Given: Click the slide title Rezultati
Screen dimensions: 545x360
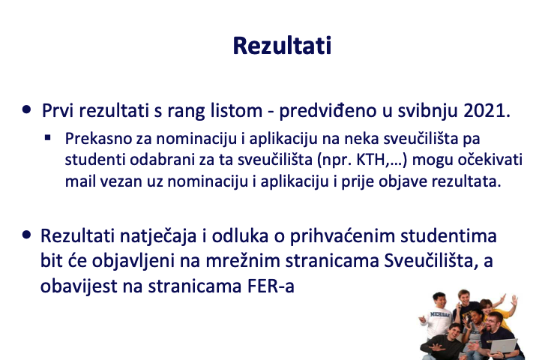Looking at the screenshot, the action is (282, 46).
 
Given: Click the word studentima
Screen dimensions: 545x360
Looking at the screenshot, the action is (448, 235).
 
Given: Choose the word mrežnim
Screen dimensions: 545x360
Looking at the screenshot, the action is (243, 261).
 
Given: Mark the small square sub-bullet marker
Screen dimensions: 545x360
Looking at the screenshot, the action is (48, 138).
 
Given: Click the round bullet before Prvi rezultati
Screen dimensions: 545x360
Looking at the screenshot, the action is (26, 109).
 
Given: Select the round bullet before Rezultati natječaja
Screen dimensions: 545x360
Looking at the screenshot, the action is (26, 235).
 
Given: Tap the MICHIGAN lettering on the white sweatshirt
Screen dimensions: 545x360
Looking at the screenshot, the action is (440, 315).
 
